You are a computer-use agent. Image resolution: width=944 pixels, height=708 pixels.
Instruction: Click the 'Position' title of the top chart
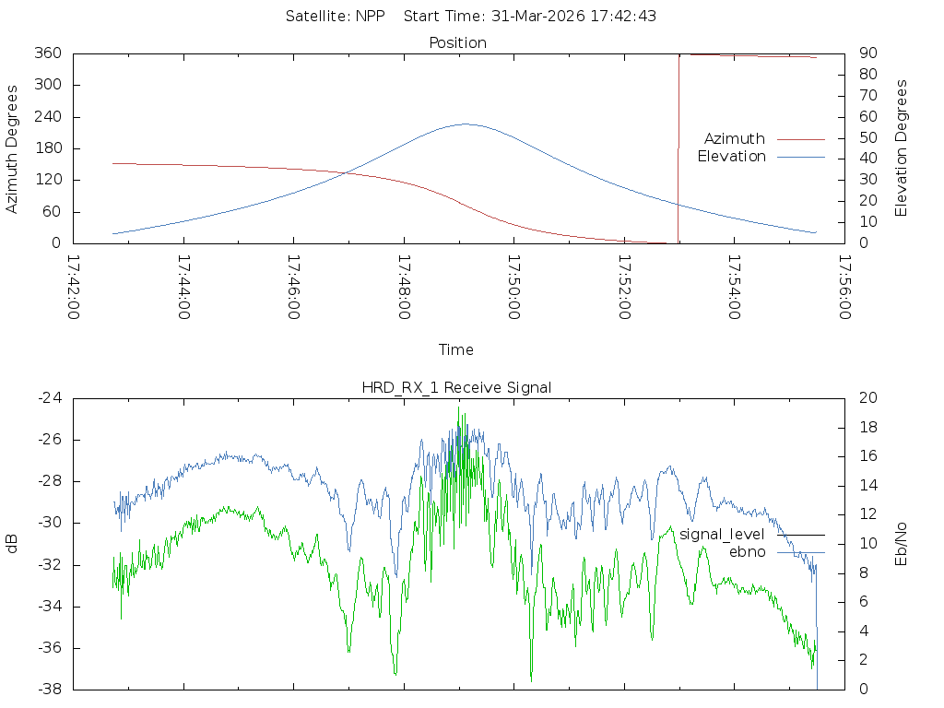point(457,42)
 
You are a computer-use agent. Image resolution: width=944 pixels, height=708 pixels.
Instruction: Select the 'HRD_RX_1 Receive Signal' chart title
point(456,388)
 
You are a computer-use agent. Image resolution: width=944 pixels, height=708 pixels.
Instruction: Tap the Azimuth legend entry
point(764,139)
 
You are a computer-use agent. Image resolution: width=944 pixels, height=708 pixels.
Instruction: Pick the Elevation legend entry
point(761,157)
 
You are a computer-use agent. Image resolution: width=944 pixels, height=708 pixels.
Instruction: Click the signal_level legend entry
point(752,535)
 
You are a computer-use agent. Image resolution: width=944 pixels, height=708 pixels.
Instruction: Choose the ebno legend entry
point(776,552)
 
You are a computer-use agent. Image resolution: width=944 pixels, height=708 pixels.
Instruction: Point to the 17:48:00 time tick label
point(404,288)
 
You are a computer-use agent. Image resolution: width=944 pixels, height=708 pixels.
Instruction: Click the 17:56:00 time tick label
point(844,288)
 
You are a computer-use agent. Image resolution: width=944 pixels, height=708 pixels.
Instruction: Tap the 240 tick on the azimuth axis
point(48,116)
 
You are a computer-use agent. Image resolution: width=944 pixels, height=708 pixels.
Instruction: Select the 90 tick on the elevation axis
point(867,53)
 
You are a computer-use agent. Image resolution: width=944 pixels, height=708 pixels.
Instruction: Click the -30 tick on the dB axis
point(50,523)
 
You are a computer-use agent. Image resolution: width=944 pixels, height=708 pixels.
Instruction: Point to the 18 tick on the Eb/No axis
point(868,427)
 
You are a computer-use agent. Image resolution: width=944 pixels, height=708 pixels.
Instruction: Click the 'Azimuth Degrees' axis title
point(11,149)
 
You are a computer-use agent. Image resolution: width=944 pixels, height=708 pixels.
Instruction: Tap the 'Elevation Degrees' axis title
point(901,148)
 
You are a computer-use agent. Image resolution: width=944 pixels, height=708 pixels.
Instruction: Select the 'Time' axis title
point(455,349)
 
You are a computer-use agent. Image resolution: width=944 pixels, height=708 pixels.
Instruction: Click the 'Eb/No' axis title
point(901,544)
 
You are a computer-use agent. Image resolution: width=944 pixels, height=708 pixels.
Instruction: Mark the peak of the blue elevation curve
point(465,124)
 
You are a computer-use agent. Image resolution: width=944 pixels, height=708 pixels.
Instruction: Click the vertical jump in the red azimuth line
point(678,148)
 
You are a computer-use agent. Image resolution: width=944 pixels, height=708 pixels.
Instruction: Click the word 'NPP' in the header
point(370,17)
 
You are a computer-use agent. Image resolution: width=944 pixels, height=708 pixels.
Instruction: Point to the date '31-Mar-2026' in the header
point(538,17)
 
